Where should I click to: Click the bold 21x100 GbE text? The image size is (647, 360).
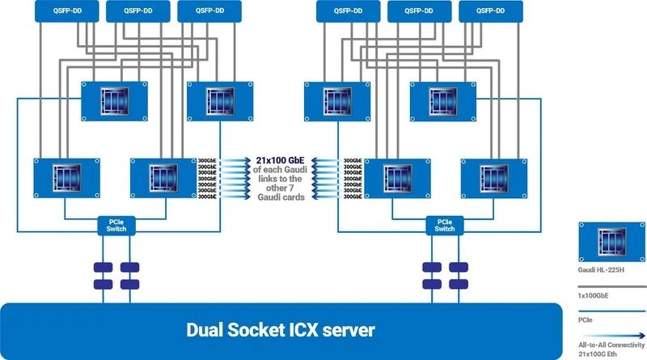click(279, 159)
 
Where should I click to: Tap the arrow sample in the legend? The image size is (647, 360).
click(611, 333)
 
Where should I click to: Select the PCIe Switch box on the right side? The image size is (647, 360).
click(444, 225)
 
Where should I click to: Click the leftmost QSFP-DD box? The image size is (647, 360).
click(65, 11)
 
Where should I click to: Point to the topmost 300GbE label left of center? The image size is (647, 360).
click(207, 160)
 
